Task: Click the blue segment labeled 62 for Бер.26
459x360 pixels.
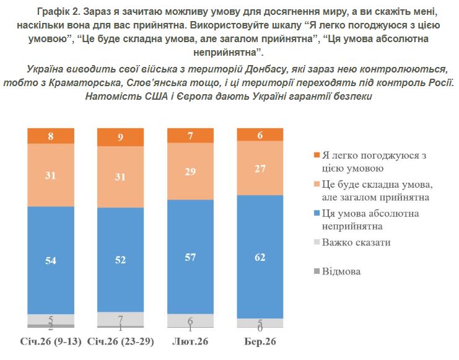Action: pos(260,257)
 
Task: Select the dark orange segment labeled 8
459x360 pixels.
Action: pos(51,136)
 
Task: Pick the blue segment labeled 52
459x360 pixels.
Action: pos(121,260)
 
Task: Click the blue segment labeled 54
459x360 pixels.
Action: pos(51,260)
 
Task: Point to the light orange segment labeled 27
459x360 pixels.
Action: pos(260,169)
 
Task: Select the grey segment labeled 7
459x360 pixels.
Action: pos(121,318)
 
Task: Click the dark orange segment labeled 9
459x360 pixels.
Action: pos(121,137)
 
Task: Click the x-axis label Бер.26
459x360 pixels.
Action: pos(260,342)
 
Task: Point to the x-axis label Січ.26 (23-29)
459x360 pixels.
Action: pos(121,342)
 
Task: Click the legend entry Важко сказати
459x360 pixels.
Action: pos(356,242)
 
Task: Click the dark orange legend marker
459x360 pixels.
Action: pos(317,154)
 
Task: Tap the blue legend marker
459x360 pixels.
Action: pos(317,214)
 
